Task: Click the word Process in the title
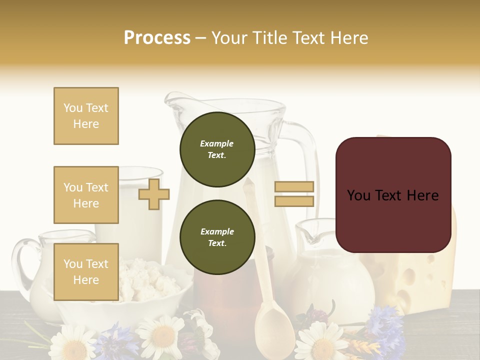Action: [157, 38]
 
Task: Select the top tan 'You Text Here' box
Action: [86, 116]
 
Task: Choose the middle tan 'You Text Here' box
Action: [86, 195]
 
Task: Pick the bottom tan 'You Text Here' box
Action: [86, 271]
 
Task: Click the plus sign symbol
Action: [154, 194]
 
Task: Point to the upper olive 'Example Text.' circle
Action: [217, 149]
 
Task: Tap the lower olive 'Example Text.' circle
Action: [217, 237]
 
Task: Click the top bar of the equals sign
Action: [294, 187]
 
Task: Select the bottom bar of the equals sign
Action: [294, 201]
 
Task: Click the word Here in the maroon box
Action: [422, 195]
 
